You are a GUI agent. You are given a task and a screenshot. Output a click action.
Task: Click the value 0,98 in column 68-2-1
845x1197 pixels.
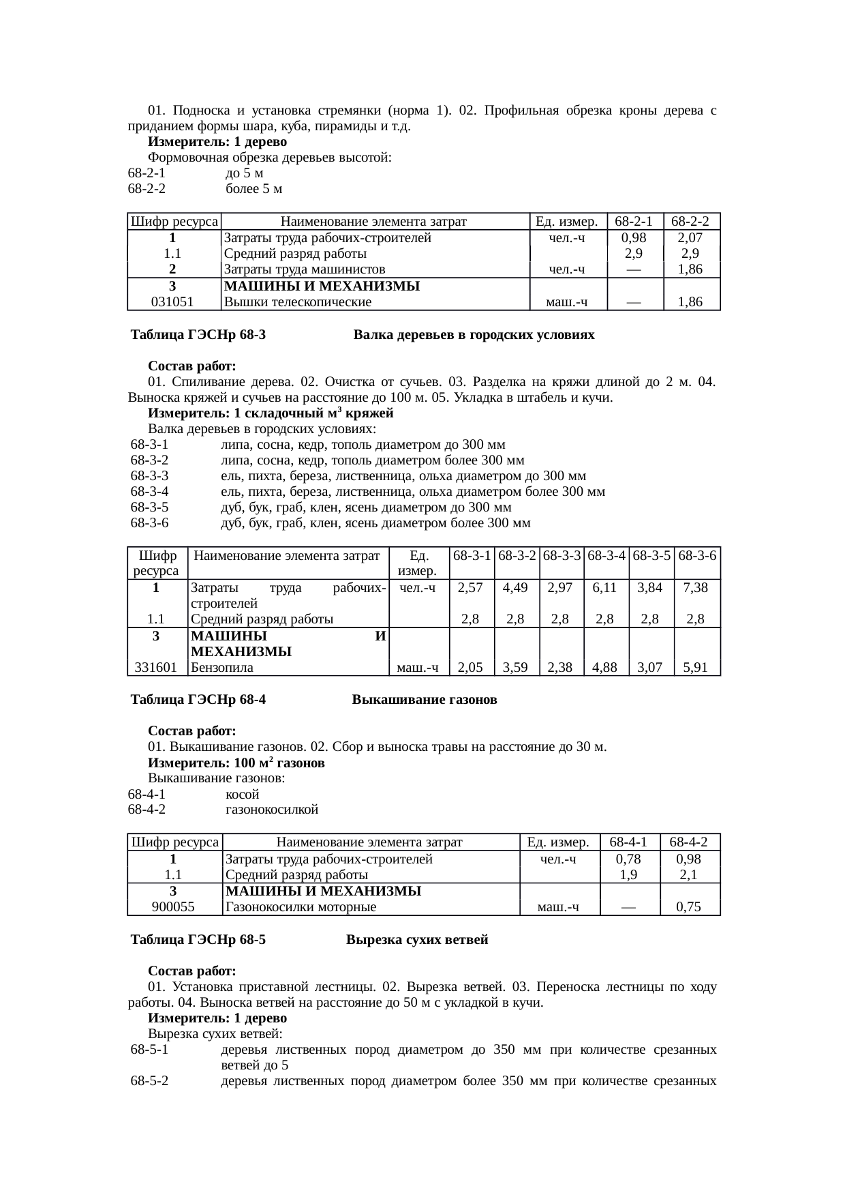coord(634,238)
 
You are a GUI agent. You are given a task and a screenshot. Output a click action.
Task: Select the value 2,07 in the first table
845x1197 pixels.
coord(690,238)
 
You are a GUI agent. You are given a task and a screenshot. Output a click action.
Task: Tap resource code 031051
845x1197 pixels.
coord(172,301)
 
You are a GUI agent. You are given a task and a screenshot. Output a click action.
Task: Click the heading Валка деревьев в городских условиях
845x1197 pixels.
coord(474,335)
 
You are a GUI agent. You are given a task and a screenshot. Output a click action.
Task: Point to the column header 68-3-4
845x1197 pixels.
coord(606,555)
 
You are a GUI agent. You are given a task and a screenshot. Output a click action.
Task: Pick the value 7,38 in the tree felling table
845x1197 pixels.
coord(696,587)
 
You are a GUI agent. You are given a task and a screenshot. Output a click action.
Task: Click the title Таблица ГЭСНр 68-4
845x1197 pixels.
coord(198,700)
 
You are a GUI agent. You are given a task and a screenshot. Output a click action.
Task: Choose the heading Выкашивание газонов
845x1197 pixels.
coord(424,700)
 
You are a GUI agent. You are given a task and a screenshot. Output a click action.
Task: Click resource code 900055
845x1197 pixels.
coord(173,906)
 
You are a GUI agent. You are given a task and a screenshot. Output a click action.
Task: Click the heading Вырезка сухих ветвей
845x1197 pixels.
coord(417,940)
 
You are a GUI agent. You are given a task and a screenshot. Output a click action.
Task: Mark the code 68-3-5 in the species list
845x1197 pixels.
coord(149,507)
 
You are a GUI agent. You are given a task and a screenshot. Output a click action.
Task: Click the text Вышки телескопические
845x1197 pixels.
coord(298,301)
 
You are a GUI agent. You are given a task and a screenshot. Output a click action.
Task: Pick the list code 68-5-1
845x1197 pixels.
coord(149,1049)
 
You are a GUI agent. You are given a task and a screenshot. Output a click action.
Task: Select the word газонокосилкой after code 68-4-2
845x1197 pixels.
coord(271,810)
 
